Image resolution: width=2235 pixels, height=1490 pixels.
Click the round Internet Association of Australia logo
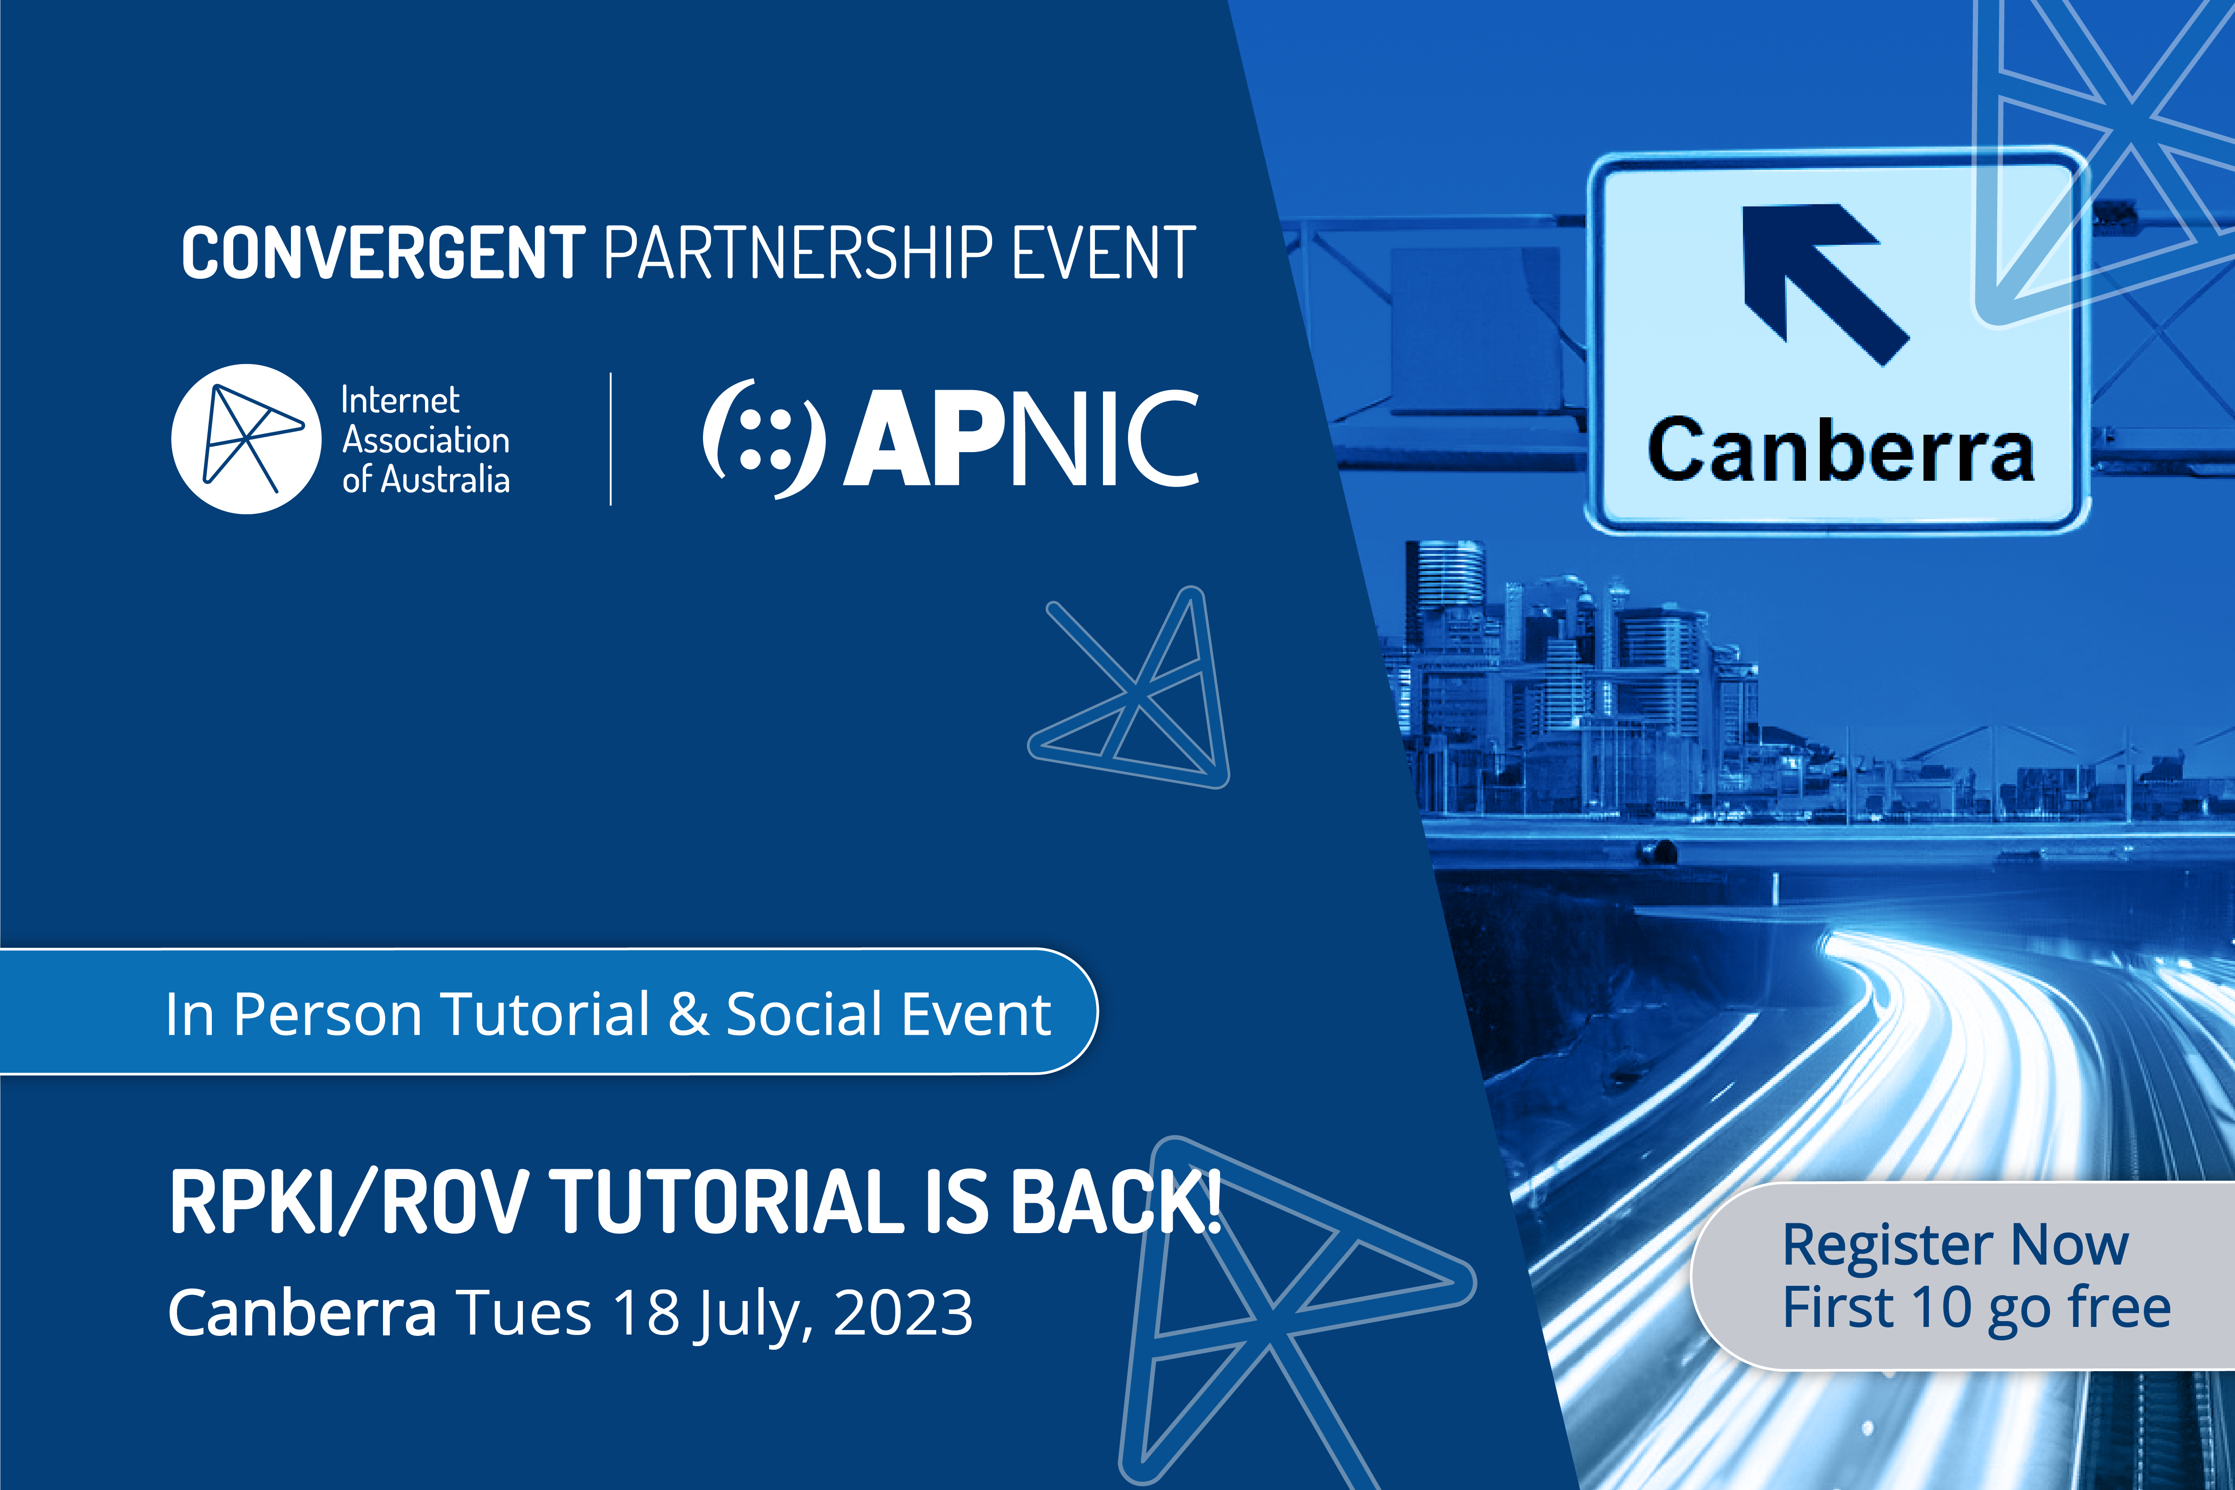coord(246,439)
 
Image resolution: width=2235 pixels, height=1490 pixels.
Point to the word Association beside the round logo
coord(426,440)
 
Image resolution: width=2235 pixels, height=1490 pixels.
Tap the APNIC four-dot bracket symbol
coord(763,439)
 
